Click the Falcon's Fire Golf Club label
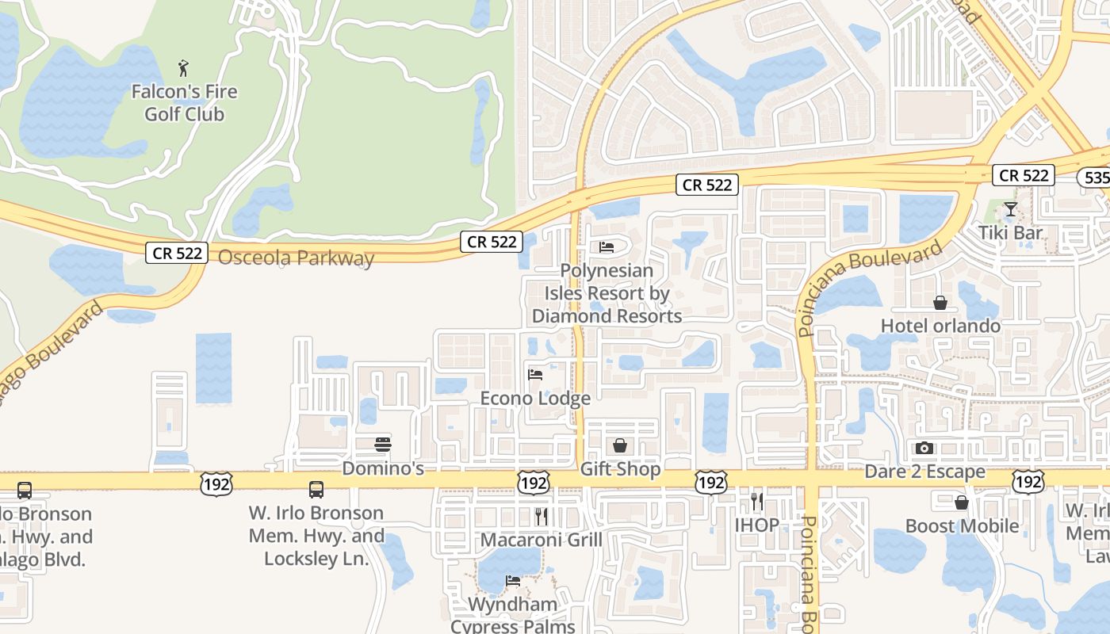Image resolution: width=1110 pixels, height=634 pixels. click(x=184, y=103)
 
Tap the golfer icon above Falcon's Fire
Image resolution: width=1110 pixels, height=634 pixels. click(x=184, y=68)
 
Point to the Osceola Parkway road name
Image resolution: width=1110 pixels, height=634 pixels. click(x=296, y=258)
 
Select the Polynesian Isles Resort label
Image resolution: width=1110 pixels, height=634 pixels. click(x=607, y=293)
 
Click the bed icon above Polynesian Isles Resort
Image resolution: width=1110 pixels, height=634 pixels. click(x=607, y=248)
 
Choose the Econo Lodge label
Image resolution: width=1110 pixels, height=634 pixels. click(x=535, y=398)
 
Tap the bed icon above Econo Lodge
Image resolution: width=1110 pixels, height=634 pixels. click(x=535, y=374)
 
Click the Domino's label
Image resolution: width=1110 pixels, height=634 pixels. click(x=383, y=468)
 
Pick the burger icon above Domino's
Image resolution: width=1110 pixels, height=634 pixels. click(x=383, y=444)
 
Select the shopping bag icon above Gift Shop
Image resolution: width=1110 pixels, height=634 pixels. click(x=620, y=445)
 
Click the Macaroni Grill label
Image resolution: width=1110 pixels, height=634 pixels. click(x=542, y=540)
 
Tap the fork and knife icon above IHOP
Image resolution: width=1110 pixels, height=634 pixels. click(x=756, y=501)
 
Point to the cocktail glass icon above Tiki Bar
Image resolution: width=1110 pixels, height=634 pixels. click(x=1010, y=209)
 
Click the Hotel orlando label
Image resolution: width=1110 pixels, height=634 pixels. click(x=940, y=326)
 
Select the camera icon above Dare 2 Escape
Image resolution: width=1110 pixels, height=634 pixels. click(x=924, y=449)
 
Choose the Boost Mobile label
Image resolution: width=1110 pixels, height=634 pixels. click(x=962, y=526)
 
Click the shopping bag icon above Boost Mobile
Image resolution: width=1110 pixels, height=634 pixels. click(x=962, y=502)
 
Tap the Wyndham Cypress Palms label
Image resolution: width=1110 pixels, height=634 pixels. click(x=513, y=615)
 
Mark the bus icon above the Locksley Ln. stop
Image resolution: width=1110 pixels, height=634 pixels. click(x=316, y=490)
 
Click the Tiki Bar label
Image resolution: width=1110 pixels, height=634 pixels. click(x=1010, y=233)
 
